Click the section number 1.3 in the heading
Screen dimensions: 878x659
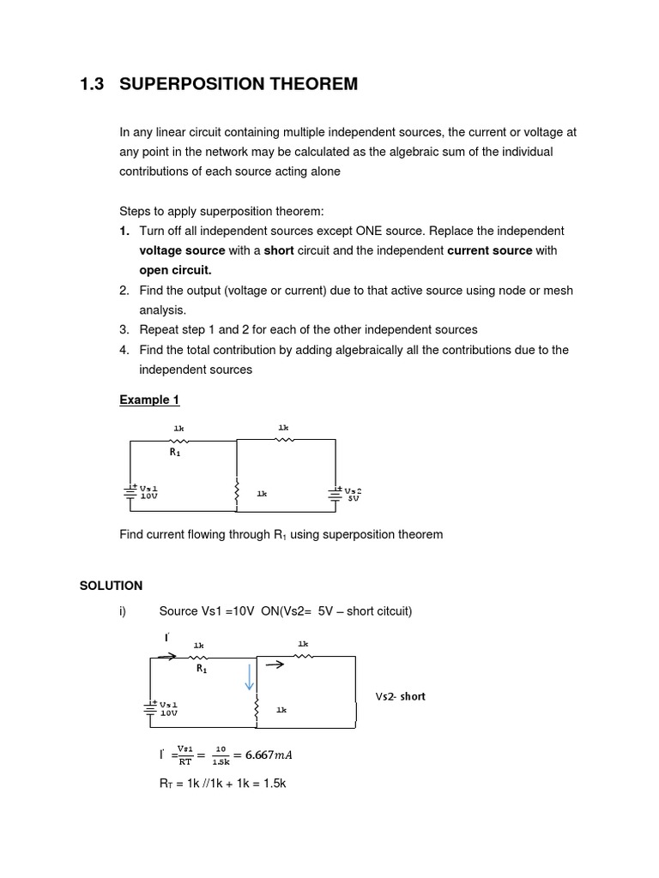(92, 84)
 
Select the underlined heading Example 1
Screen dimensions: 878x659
(149, 400)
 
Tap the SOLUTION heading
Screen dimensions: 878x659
(111, 586)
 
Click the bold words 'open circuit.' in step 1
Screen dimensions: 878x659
(175, 270)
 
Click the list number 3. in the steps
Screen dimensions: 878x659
(124, 329)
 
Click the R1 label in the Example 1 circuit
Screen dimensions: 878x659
(175, 453)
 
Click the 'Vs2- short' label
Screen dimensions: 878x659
(400, 696)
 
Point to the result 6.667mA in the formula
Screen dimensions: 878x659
(269, 755)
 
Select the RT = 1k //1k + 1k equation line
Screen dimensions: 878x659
(222, 783)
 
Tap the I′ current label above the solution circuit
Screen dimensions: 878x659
(166, 638)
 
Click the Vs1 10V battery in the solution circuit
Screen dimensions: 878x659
(151, 708)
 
